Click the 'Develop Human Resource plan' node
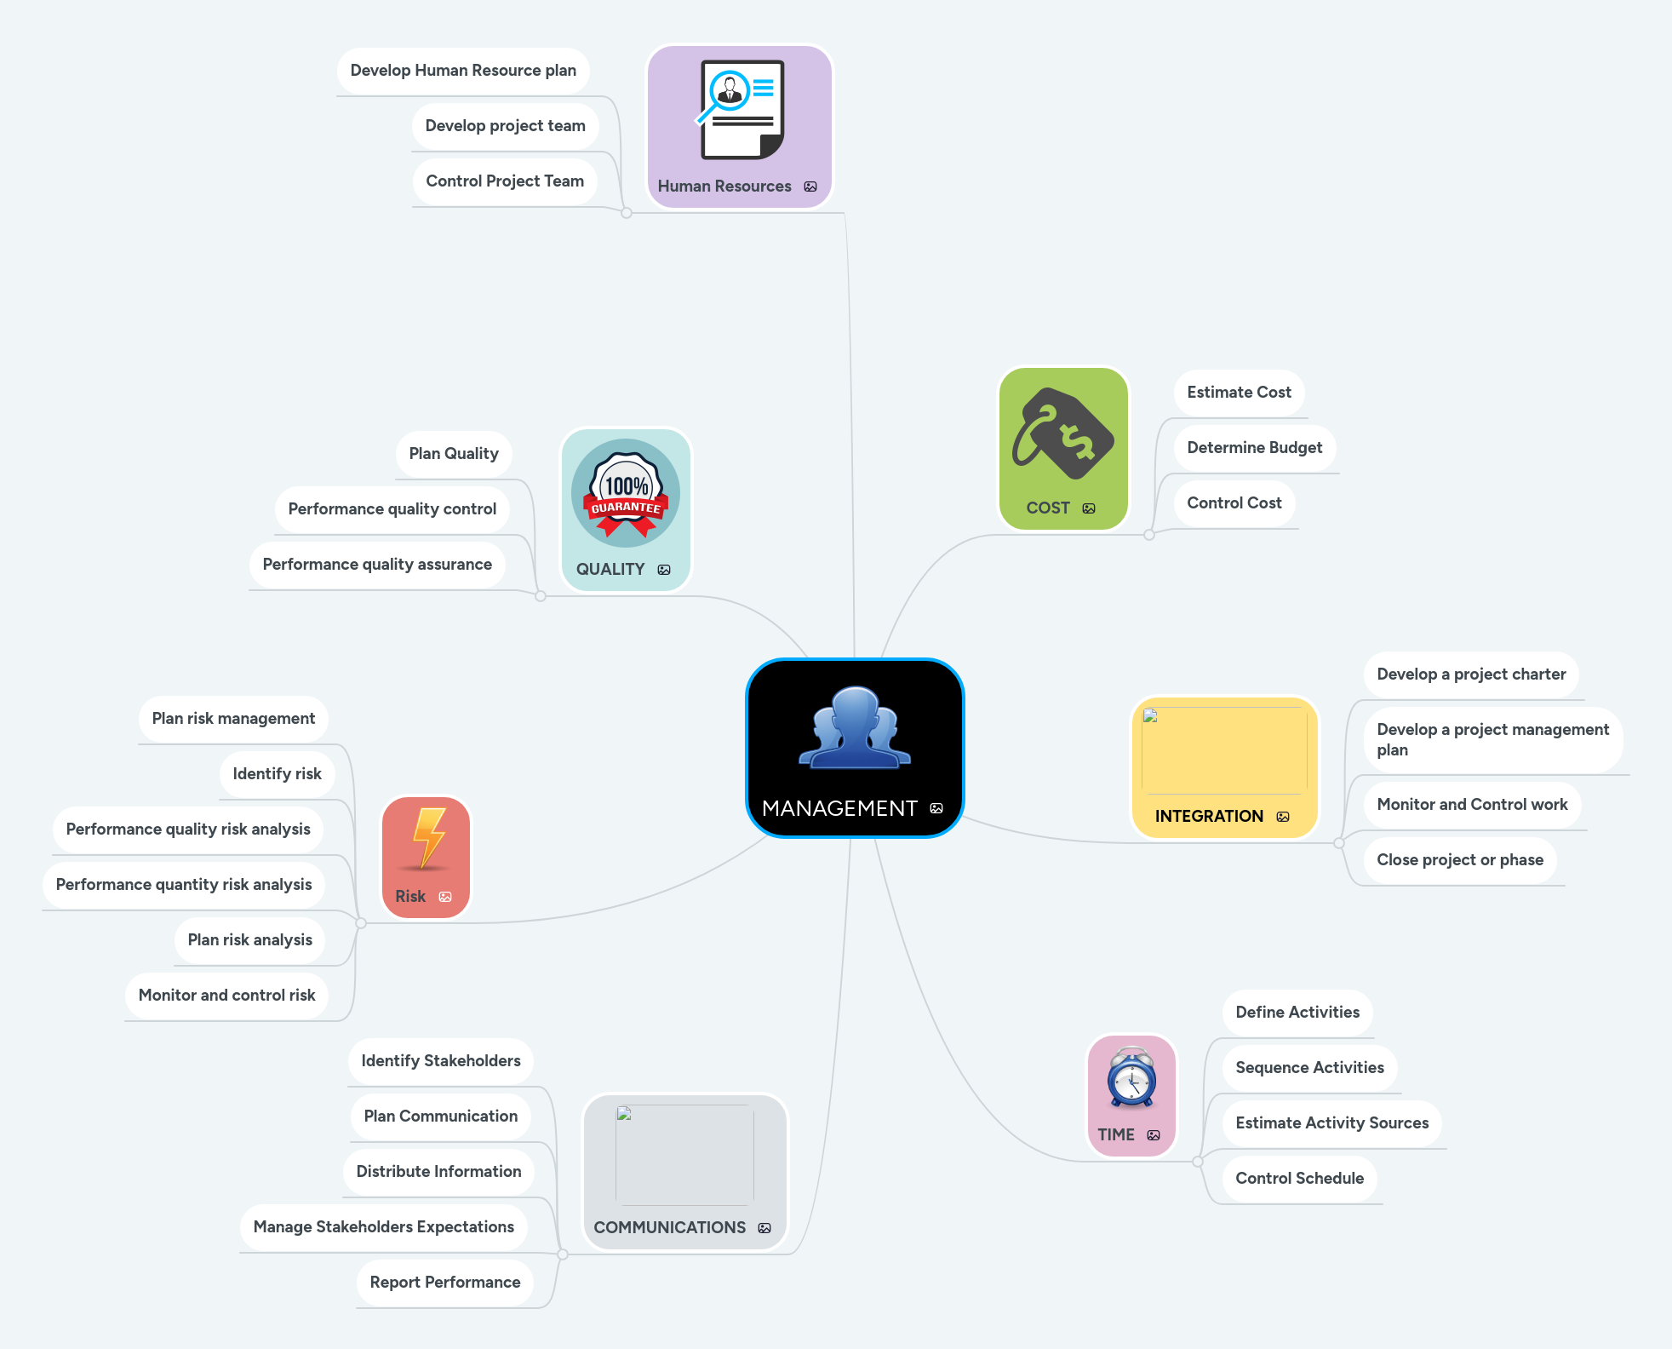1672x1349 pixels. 463,71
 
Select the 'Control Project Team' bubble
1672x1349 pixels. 505,181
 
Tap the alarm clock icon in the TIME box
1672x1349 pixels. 1131,1078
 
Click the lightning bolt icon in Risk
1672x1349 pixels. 428,838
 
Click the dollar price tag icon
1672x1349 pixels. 1063,433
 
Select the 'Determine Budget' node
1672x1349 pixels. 1254,448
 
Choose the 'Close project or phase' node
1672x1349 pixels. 1459,860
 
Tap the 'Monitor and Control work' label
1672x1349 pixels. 1472,805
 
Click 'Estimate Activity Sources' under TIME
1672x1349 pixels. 1331,1123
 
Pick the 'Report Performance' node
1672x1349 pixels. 444,1283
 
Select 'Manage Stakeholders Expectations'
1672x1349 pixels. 383,1227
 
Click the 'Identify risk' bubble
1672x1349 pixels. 277,774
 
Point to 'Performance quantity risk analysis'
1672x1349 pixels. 184,885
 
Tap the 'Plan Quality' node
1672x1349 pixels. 454,454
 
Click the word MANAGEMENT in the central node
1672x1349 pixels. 839,808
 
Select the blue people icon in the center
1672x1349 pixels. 855,728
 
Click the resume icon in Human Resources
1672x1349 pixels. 739,110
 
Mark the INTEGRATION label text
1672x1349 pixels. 1209,817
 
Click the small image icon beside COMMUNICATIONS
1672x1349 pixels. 764,1228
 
